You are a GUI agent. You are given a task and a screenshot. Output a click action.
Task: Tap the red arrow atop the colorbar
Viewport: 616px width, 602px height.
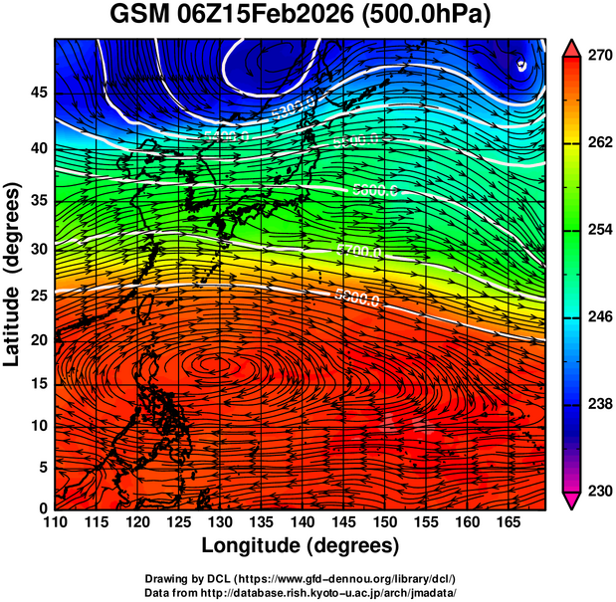click(x=573, y=46)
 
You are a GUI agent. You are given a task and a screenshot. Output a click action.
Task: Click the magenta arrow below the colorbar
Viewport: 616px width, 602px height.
click(x=573, y=501)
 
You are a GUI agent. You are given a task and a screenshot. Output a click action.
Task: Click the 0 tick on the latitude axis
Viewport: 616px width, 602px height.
click(x=42, y=508)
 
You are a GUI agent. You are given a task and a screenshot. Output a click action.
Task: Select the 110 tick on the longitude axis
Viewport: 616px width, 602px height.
click(x=55, y=523)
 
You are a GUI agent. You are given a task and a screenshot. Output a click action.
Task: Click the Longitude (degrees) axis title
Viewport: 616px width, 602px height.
click(x=301, y=546)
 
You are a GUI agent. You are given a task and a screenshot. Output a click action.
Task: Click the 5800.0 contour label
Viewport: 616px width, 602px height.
click(x=356, y=298)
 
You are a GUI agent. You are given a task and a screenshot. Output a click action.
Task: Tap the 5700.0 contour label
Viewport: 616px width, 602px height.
click(x=358, y=251)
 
